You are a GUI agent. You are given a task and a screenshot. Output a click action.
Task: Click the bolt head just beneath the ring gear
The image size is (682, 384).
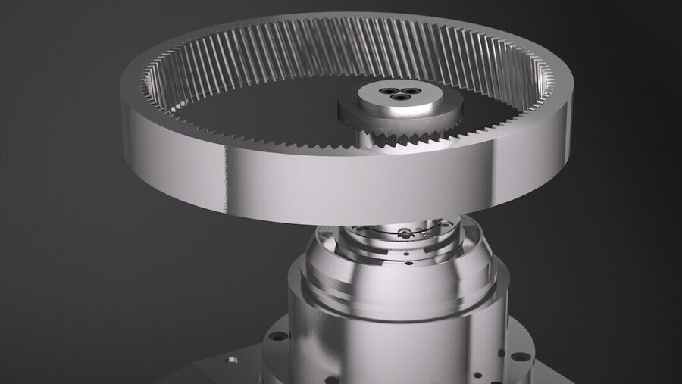click(x=406, y=230)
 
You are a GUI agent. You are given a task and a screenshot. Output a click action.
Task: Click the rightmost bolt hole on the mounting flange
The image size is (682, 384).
click(x=520, y=356)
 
